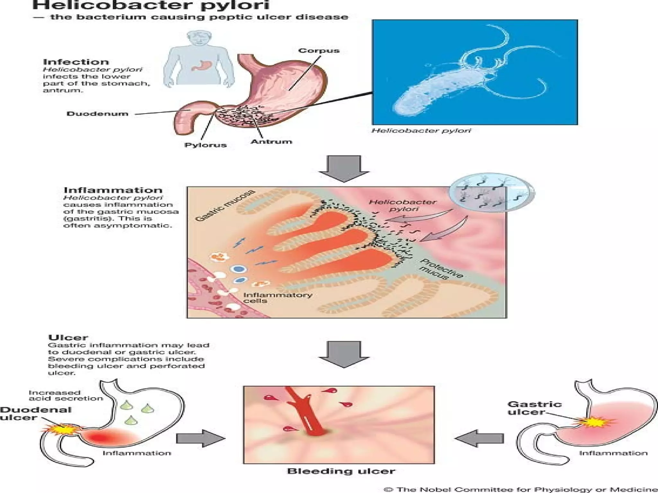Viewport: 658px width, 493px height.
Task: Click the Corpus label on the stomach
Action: tap(318, 51)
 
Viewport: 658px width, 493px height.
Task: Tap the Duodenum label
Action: tap(97, 114)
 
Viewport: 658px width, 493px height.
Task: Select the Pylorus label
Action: tap(206, 145)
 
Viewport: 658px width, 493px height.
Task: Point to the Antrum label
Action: tap(271, 142)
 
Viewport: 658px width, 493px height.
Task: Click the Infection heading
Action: tap(76, 62)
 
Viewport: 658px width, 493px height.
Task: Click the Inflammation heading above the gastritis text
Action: tap(113, 190)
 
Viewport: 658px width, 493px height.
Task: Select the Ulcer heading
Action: tap(68, 338)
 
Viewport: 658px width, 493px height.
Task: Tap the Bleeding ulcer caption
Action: tap(341, 471)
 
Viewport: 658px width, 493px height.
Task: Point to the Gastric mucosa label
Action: tap(225, 205)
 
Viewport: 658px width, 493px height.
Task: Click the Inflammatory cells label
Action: tap(277, 298)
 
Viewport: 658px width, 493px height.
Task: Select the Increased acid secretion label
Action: tap(66, 395)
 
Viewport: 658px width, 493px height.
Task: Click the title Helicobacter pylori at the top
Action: tap(151, 5)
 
